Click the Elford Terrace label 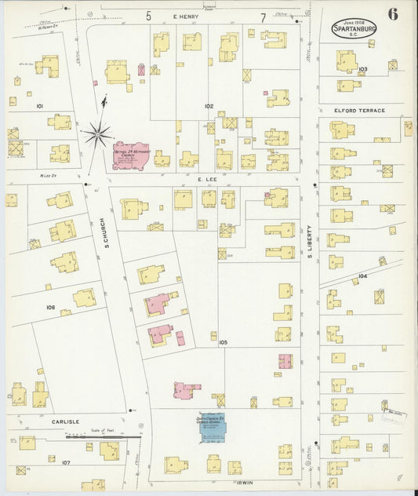[x=359, y=111]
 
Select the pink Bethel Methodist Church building [x=130, y=155]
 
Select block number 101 [x=39, y=104]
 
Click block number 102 [x=209, y=105]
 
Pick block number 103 [x=362, y=70]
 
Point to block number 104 [x=362, y=276]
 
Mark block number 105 [x=224, y=342]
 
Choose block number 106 [x=50, y=308]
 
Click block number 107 [x=66, y=462]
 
